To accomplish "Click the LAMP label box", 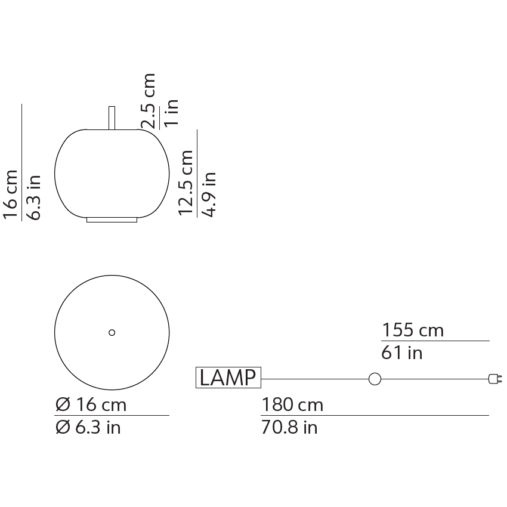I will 228,378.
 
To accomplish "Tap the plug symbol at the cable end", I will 494,378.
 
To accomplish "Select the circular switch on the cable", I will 375,378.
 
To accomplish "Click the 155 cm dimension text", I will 413,330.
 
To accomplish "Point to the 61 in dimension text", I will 402,353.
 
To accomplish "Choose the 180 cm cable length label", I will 292,405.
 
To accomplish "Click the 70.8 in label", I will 289,428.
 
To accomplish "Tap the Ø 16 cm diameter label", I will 91,405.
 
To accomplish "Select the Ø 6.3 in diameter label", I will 88,428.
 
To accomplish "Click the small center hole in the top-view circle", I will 112,333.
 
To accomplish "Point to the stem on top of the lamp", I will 112,118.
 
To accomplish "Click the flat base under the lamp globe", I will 112,220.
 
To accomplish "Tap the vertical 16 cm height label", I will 11,194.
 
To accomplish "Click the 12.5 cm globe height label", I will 186,182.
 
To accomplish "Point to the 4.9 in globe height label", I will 209,194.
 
